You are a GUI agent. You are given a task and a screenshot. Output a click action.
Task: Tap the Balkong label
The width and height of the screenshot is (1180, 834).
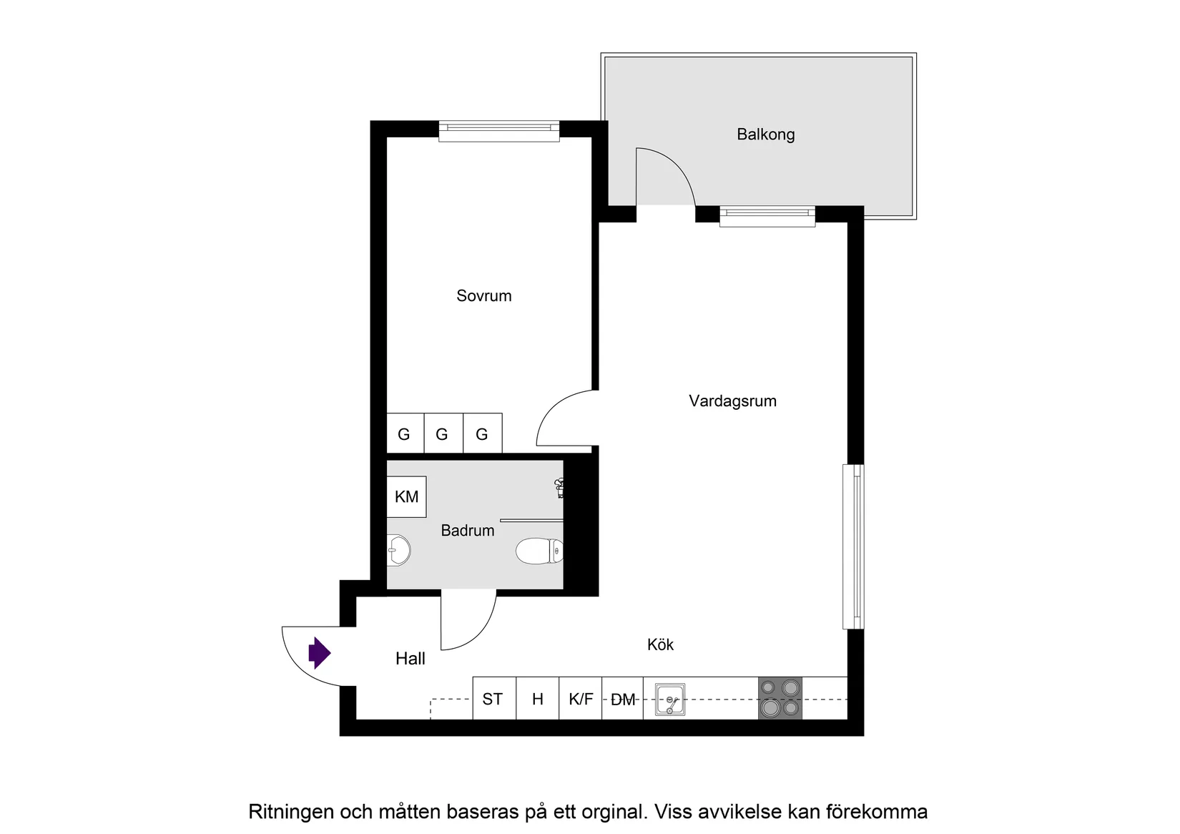tap(765, 134)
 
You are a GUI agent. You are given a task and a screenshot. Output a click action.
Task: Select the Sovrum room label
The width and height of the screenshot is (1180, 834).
tap(483, 295)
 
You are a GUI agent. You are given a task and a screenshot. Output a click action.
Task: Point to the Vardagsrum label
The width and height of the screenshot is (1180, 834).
tap(732, 401)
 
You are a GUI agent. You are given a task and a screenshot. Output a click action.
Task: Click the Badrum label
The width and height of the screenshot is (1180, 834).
tap(467, 530)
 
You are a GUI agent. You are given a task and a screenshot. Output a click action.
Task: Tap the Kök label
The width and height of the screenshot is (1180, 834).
tap(660, 644)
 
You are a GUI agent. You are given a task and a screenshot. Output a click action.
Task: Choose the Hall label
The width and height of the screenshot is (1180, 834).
tap(410, 659)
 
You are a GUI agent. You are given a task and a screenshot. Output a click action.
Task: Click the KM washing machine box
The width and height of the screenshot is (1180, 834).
tap(406, 496)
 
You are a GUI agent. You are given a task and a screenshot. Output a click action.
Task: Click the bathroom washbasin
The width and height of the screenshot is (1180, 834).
tap(399, 550)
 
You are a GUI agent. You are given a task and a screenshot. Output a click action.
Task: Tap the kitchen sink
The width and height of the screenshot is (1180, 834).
tap(669, 699)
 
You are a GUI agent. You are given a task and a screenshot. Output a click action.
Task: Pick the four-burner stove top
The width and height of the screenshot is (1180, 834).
tap(780, 698)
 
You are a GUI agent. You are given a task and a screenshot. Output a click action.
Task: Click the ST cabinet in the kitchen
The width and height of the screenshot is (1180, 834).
tap(493, 699)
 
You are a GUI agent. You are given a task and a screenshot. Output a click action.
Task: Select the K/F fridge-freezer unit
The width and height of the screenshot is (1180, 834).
tap(581, 699)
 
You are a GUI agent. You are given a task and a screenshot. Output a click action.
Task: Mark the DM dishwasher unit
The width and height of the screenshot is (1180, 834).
tap(623, 699)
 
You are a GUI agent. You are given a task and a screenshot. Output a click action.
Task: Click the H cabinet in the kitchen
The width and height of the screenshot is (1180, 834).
tap(537, 699)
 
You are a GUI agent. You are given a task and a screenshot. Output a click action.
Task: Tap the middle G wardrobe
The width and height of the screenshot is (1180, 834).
tap(442, 433)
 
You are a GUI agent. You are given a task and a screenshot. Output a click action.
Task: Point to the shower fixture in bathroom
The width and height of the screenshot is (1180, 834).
tap(560, 488)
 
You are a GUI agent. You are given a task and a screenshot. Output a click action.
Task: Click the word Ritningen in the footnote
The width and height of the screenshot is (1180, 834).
tap(290, 812)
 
